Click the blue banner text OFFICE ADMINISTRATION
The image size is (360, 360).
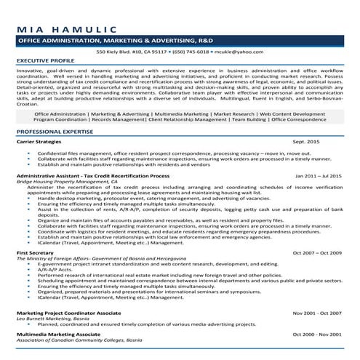61,43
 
